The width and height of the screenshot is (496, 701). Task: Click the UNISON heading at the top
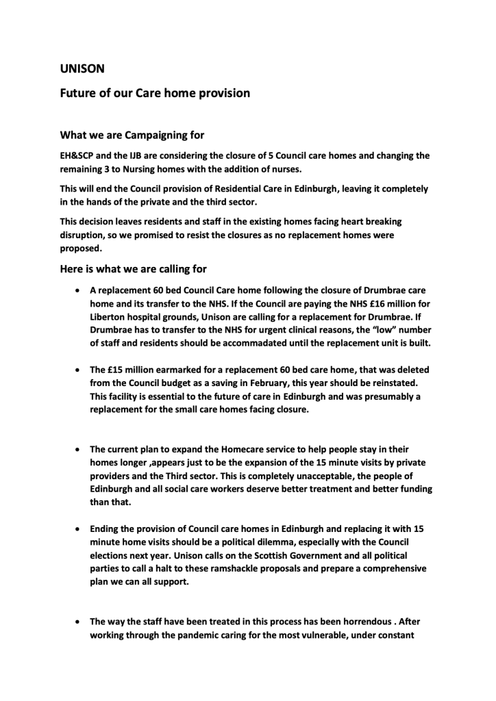point(80,68)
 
